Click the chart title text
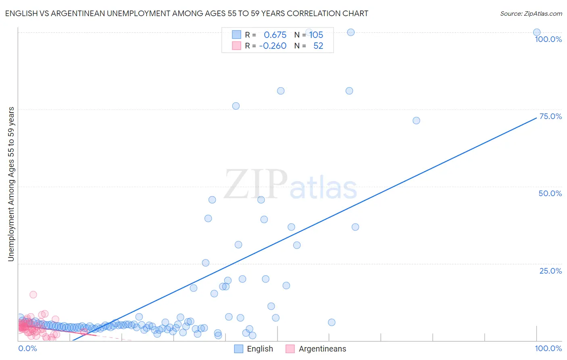186,13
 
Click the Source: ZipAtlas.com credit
531,13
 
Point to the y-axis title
11,184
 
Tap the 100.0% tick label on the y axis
548,39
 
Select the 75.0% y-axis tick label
550,116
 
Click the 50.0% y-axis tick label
550,193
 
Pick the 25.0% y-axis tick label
550,271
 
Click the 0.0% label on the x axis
27,348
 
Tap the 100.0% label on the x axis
548,348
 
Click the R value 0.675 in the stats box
275,35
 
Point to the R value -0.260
273,46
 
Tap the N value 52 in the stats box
318,46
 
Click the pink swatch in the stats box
236,46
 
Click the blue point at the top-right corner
537,32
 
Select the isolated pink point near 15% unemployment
33,295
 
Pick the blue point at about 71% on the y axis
416,121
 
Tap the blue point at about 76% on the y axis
236,106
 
